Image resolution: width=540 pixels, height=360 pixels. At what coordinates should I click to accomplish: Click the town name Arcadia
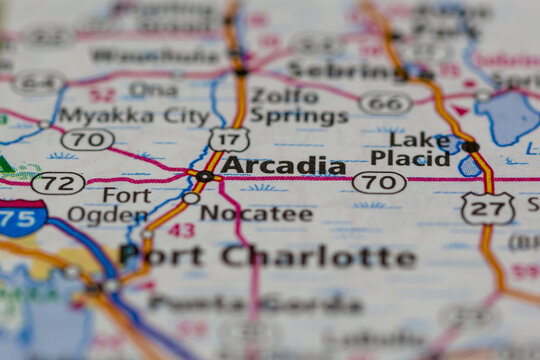pyautogui.click(x=283, y=165)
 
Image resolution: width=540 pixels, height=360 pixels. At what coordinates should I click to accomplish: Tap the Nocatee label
pyautogui.click(x=256, y=213)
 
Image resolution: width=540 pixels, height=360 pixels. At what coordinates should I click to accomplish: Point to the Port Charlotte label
pyautogui.click(x=267, y=256)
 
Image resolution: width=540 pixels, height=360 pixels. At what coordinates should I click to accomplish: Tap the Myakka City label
pyautogui.click(x=134, y=116)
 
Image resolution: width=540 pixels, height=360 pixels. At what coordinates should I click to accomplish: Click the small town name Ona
pyautogui.click(x=154, y=88)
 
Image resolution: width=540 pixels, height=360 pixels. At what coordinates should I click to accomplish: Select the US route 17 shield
pyautogui.click(x=229, y=140)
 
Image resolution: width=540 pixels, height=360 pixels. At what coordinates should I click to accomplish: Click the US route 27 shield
pyautogui.click(x=488, y=208)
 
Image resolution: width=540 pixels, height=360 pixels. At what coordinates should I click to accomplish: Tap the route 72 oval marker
pyautogui.click(x=58, y=183)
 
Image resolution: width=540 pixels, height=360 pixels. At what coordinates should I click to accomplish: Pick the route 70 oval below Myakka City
pyautogui.click(x=87, y=139)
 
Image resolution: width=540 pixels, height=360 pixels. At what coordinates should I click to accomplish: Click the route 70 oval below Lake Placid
pyautogui.click(x=380, y=182)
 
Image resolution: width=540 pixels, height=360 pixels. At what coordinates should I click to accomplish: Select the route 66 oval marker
pyautogui.click(x=385, y=103)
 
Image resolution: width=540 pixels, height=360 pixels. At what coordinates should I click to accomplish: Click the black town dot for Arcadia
pyautogui.click(x=204, y=176)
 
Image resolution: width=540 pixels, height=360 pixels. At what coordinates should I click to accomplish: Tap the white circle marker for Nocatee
pyautogui.click(x=191, y=198)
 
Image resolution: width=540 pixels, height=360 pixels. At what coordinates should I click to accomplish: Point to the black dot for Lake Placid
pyautogui.click(x=470, y=147)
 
